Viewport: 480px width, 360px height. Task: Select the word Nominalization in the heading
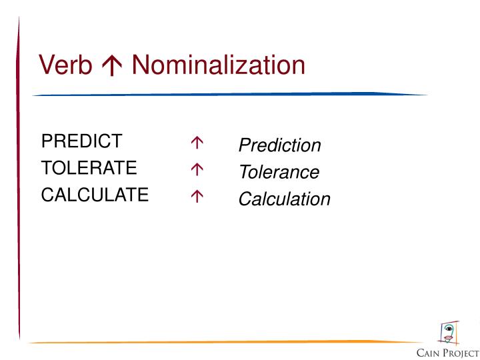coord(218,66)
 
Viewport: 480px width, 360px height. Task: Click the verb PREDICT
coord(82,141)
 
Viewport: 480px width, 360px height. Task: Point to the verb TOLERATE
coord(89,168)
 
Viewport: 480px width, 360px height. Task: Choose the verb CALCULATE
coord(95,195)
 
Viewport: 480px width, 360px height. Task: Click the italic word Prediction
coord(280,145)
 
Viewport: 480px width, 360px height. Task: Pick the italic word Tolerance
coord(279,172)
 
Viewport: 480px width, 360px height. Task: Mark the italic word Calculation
coord(285,199)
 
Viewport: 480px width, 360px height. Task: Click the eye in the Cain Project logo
coord(449,329)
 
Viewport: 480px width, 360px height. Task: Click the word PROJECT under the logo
coord(461,353)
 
